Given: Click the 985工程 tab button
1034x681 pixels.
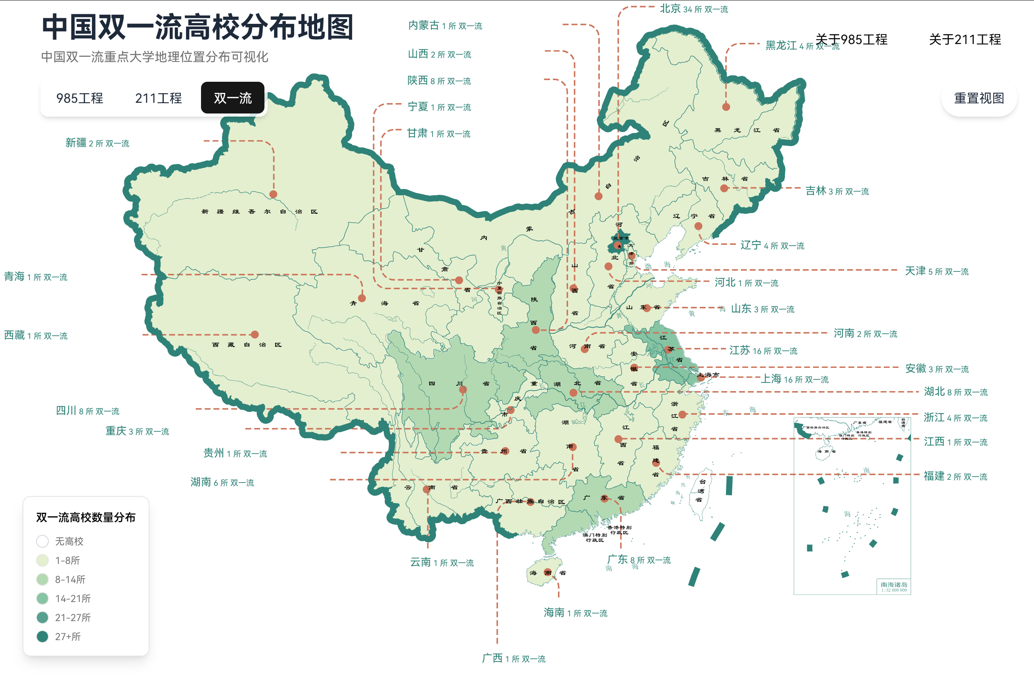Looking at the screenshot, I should coord(80,98).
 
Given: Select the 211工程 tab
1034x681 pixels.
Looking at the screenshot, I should coord(158,98).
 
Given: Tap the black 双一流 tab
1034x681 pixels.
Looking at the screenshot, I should coord(232,98).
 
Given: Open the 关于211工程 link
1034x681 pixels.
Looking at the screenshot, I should coord(965,40).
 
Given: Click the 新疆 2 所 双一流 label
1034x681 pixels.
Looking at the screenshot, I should coord(97,143).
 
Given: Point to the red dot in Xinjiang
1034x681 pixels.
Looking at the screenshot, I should coord(273,194).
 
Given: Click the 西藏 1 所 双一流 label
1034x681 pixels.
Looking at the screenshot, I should coord(36,335).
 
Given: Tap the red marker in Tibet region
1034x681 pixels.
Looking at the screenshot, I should coord(255,335).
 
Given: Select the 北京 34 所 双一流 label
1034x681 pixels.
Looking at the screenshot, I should coord(694,9).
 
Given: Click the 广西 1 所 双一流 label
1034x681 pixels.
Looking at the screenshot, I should coord(513,658).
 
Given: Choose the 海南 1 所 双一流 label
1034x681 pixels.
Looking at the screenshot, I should coord(575,613).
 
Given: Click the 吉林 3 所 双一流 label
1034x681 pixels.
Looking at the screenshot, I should coord(837,191).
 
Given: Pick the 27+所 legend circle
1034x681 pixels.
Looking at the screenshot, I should coord(42,636).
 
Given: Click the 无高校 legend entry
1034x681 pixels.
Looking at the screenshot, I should coord(60,541).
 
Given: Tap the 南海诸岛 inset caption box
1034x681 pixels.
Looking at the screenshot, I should coord(894,586).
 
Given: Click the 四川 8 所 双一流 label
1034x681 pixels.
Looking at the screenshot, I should coord(87,410).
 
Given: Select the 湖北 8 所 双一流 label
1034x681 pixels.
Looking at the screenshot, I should coord(955,392).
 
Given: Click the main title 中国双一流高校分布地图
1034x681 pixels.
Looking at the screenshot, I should coord(198,27).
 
